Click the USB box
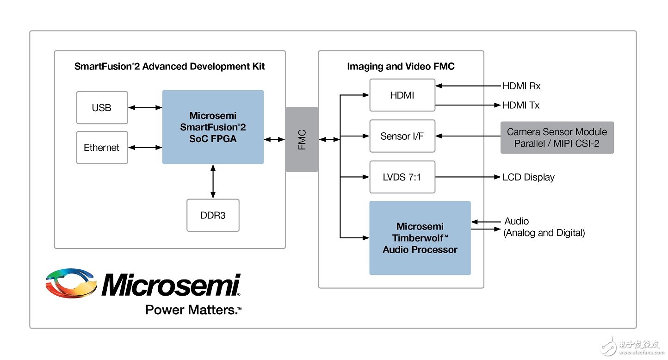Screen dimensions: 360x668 102,108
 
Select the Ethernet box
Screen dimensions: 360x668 102,148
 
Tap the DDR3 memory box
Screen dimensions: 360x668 213,215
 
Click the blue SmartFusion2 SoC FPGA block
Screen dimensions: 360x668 213,127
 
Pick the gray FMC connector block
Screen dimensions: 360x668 302,139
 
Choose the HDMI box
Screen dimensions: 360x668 402,95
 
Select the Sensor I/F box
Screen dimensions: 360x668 402,136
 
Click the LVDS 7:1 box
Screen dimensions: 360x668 402,177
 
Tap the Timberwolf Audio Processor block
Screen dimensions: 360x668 420,238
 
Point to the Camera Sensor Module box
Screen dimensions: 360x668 557,137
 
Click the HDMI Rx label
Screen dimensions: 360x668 521,86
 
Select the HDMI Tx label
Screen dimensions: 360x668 521,106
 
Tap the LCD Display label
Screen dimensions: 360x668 528,177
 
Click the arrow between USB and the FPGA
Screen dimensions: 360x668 145,108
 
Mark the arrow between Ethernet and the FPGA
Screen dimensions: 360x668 145,148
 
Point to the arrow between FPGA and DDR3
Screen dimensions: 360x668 213,181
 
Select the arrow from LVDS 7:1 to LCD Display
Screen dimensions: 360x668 467,177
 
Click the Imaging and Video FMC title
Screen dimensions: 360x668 401,67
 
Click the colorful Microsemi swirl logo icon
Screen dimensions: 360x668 72,283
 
